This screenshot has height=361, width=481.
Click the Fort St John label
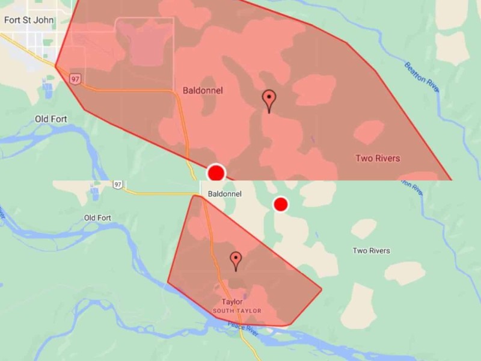[x=29, y=20]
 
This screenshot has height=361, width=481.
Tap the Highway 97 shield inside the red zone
[x=75, y=78]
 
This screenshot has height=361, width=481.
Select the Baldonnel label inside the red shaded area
[x=203, y=91]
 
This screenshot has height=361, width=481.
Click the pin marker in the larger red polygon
[x=269, y=99]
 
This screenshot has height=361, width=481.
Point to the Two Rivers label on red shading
[x=378, y=158]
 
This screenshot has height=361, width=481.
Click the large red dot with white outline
[x=216, y=173]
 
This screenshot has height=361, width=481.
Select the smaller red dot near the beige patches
[x=280, y=205]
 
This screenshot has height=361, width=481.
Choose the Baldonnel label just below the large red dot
[x=224, y=194]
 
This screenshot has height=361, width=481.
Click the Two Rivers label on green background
[x=371, y=250]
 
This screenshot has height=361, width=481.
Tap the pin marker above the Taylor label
[x=236, y=260]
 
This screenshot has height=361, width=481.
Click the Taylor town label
[x=232, y=301]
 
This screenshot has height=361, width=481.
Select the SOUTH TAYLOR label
[x=237, y=310]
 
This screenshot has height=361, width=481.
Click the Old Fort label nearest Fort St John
[x=51, y=119]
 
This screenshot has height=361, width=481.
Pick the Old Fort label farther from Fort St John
[x=97, y=217]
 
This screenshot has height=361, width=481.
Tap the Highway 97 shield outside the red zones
[x=117, y=184]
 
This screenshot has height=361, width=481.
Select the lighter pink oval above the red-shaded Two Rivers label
[x=369, y=131]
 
